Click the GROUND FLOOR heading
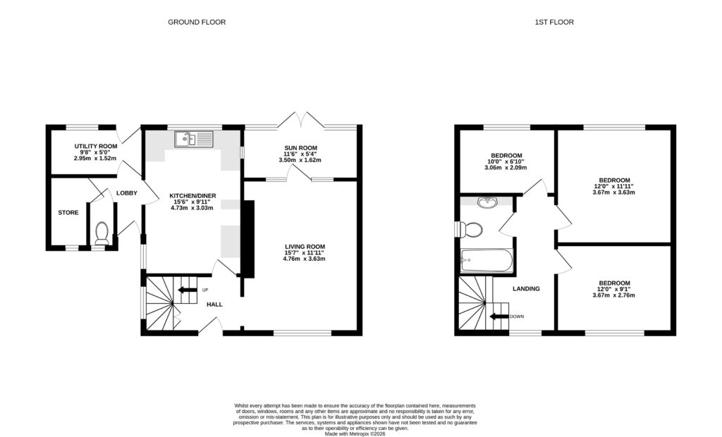pos(197,23)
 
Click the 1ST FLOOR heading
pos(553,23)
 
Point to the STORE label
pos(68,212)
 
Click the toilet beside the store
pos(102,233)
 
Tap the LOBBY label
pos(127,192)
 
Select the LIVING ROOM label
pos(303,246)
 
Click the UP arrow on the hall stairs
pos(186,290)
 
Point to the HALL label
pos(214,304)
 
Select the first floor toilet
pos(470,229)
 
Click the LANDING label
pos(526,288)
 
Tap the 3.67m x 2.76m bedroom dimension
pos(611,295)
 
